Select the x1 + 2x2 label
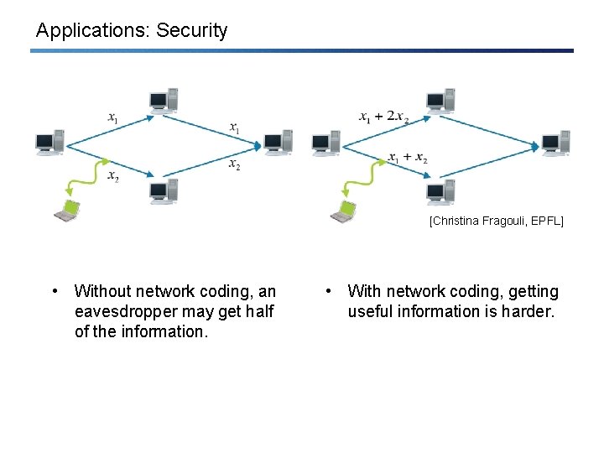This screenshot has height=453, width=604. click(x=383, y=117)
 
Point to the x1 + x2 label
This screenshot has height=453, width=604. click(x=408, y=158)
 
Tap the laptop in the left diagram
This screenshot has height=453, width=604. click(x=66, y=211)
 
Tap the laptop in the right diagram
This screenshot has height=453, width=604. click(x=342, y=211)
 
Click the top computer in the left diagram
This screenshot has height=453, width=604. click(x=163, y=100)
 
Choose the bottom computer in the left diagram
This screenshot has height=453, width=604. click(x=163, y=191)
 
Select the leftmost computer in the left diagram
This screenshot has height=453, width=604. click(x=49, y=143)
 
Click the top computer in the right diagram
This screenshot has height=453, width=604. click(x=440, y=100)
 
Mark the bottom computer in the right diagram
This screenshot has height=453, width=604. click(x=440, y=191)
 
